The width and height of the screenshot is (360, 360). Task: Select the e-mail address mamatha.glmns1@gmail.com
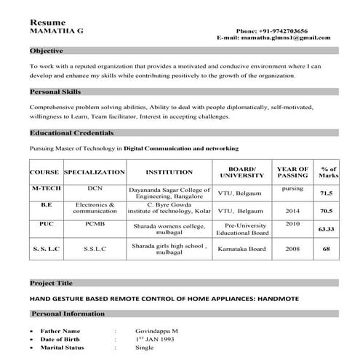pyautogui.click(x=292, y=37)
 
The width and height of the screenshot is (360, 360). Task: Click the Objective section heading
pyautogui.click(x=47, y=51)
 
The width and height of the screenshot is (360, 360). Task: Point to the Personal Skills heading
pyautogui.click(x=55, y=92)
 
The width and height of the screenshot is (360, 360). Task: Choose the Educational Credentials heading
pyautogui.click(x=71, y=133)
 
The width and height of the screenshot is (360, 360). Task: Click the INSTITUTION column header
pyautogui.click(x=169, y=172)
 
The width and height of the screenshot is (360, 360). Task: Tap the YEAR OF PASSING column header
pyautogui.click(x=292, y=172)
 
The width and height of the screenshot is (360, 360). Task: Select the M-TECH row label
pyautogui.click(x=46, y=188)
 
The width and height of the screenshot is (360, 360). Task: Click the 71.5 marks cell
pyautogui.click(x=327, y=193)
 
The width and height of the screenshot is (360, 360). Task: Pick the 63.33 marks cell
pyautogui.click(x=327, y=229)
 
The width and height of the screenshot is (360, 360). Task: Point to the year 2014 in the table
pyautogui.click(x=292, y=210)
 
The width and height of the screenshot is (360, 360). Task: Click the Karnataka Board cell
pyautogui.click(x=244, y=249)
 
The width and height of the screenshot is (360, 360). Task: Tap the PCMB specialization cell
pyautogui.click(x=95, y=225)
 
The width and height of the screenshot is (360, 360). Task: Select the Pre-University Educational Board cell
pyautogui.click(x=244, y=229)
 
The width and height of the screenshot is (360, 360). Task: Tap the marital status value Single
pyautogui.click(x=145, y=348)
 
